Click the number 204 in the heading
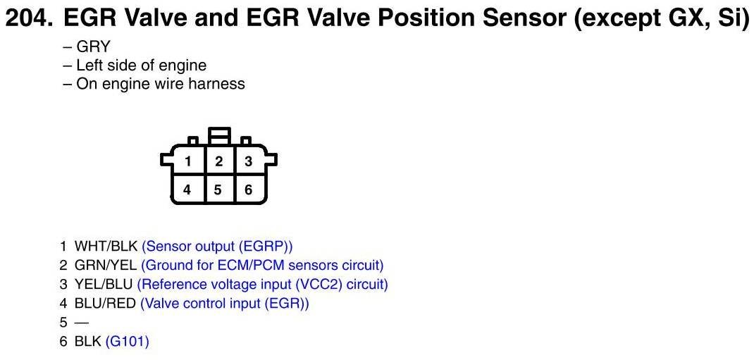pos(28,18)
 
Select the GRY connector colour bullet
pos(87,46)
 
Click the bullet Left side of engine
pos(135,65)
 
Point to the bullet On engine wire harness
pos(154,84)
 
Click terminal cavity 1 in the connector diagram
pos(188,161)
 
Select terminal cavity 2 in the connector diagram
pos(218,161)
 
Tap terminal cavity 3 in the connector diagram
pos(248,161)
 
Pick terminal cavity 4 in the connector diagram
pos(187,190)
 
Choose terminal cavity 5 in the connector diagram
pos(218,190)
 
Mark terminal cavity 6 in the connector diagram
pos(248,190)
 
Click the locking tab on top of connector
pos(219,135)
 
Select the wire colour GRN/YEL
pos(106,265)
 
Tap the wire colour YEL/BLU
pos(104,284)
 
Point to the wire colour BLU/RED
pos(105,304)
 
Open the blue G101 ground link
pos(128,342)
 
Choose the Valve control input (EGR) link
pos(225,304)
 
